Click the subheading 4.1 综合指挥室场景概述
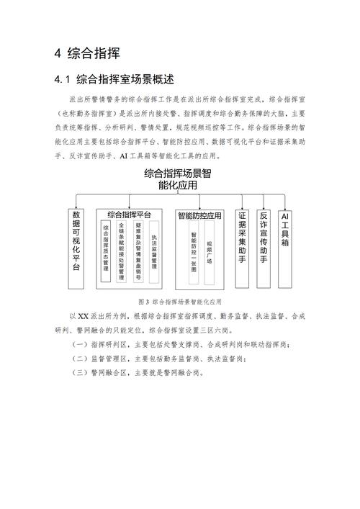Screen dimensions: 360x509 pos(115,78)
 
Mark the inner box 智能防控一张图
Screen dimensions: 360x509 pos(193,248)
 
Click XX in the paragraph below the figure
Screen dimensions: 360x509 pos(82,316)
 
